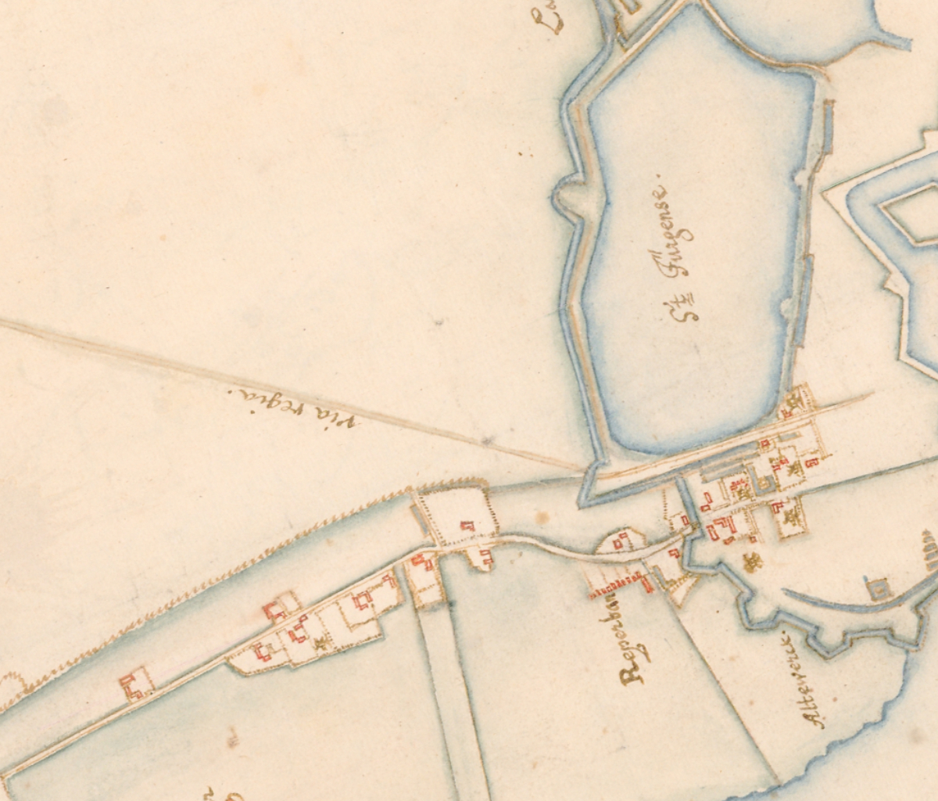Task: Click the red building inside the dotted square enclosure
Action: click(x=467, y=526)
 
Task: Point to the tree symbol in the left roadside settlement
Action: click(x=319, y=644)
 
